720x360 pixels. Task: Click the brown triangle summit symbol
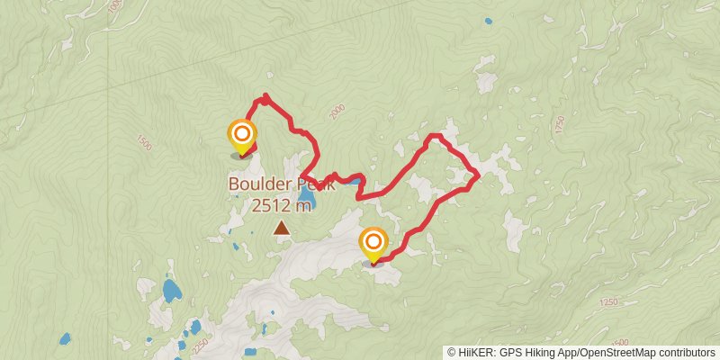point(282,229)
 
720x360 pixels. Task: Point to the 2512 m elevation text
point(281,206)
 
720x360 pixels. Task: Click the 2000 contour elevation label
point(337,112)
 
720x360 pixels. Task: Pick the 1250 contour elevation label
point(608,303)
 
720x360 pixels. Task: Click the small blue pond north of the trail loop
point(488,21)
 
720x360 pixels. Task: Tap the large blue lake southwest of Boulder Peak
point(171,290)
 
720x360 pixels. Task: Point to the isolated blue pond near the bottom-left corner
point(65,339)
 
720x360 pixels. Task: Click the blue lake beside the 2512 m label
point(307,195)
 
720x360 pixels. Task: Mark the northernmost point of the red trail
point(265,94)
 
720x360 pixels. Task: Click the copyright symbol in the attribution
point(451,353)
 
